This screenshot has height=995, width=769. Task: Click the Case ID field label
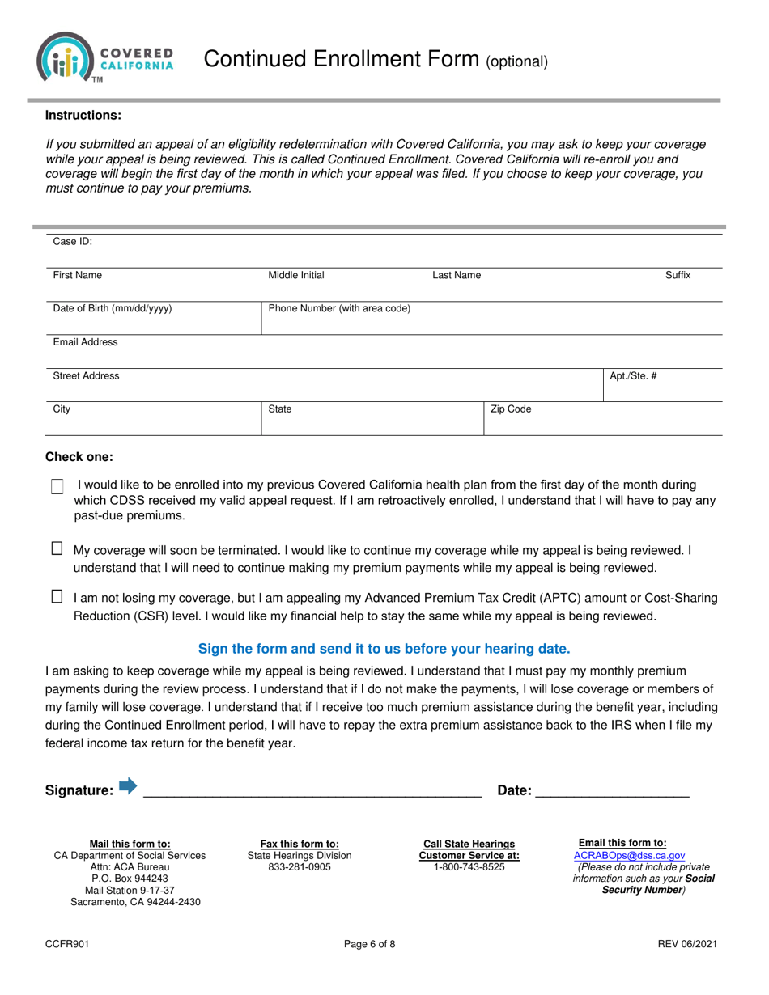73,241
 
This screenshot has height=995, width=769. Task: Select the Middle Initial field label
296,275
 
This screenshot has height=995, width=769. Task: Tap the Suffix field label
678,275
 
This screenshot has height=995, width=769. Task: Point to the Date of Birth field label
113,308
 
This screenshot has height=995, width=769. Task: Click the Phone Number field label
339,308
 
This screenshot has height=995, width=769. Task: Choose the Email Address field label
85,342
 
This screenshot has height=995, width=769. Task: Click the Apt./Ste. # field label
632,376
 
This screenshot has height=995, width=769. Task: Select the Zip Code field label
511,409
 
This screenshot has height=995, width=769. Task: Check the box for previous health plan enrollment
57,487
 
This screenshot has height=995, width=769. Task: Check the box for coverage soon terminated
57,548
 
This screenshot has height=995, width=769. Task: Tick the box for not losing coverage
57,597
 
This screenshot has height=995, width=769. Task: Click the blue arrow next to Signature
128,785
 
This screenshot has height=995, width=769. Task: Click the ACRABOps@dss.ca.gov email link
629,855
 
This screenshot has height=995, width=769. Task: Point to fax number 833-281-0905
300,867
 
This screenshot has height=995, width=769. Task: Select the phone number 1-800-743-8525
469,867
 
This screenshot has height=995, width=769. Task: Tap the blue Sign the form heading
384,648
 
